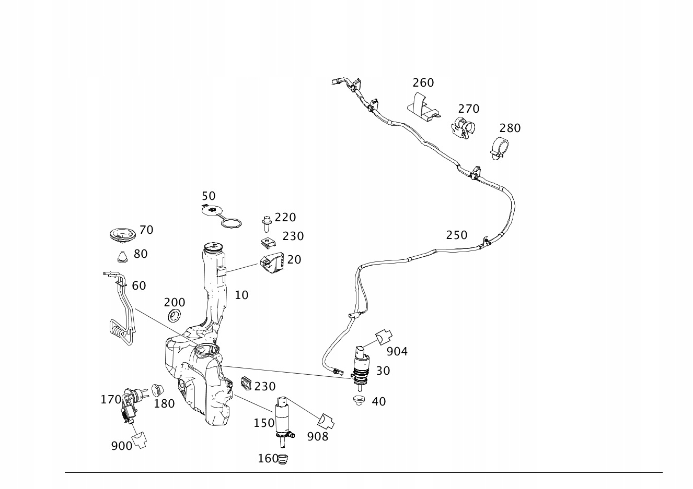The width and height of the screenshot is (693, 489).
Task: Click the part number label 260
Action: point(423,82)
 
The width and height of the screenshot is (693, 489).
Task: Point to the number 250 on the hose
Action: point(456,235)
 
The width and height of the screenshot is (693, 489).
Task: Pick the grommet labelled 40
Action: point(359,401)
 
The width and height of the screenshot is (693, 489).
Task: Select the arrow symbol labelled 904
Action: point(384,337)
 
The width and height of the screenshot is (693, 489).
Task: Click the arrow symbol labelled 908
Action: point(326,421)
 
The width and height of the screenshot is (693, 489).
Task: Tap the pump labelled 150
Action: point(282,418)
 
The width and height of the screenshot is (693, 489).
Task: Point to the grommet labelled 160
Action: point(283,459)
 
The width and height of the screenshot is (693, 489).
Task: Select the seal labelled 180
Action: point(157,389)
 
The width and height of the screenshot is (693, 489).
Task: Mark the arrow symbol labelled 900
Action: point(140,440)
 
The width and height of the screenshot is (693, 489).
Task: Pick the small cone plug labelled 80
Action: point(122,256)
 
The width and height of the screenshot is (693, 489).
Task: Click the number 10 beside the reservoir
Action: point(241,295)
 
